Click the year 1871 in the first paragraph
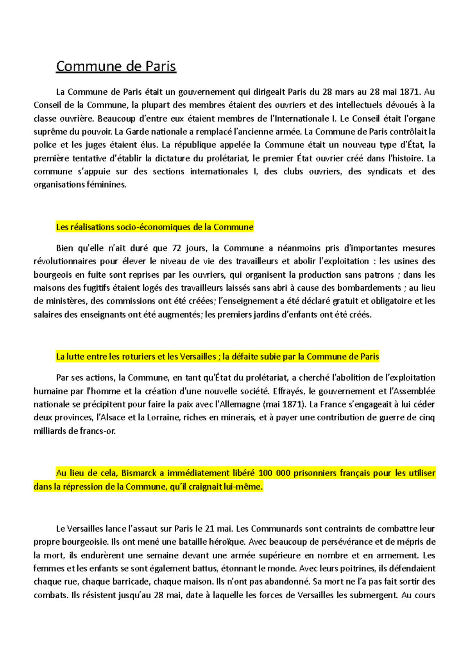point(410,92)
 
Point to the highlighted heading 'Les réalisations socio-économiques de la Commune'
point(155,227)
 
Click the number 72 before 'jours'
point(177,248)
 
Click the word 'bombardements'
point(369,288)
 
